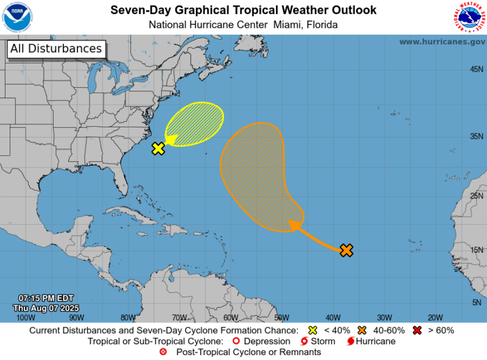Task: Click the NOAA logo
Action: (18, 16)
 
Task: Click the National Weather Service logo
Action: (469, 16)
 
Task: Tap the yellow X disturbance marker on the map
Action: (158, 148)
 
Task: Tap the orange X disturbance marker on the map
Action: (346, 250)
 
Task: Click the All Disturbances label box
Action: (56, 49)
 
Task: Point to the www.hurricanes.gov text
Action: (442, 41)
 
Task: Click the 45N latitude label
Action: (477, 69)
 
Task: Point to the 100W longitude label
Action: (25, 317)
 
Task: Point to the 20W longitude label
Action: (435, 317)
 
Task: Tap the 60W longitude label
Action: (230, 317)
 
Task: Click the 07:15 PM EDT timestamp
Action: (46, 298)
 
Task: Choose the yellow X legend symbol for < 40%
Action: (313, 330)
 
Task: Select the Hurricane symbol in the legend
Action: (351, 341)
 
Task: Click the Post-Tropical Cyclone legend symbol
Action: (163, 352)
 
